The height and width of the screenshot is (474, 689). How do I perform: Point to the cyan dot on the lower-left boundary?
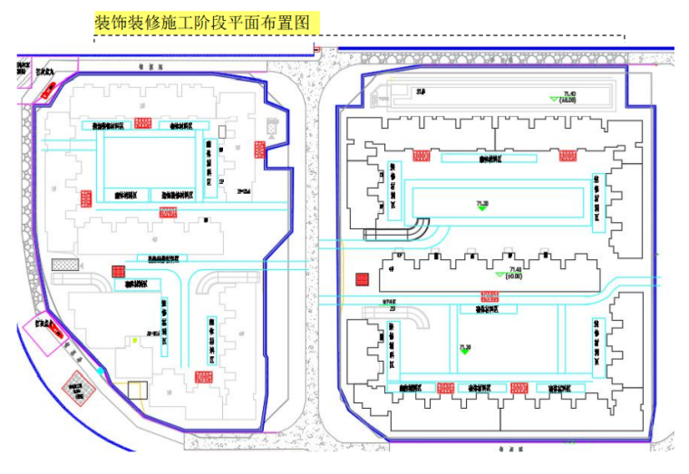coord(100,371)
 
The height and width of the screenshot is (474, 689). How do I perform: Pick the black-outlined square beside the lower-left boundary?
coord(136,392)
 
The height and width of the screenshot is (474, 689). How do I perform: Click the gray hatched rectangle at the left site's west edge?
coord(65,264)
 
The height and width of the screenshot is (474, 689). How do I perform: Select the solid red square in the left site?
coord(117,270)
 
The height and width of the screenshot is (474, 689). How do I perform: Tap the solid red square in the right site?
coord(361,280)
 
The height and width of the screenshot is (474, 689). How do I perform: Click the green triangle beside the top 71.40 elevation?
coord(550,99)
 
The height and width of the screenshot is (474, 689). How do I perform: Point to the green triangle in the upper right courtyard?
coord(482,208)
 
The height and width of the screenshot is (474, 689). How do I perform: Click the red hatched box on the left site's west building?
coord(86,198)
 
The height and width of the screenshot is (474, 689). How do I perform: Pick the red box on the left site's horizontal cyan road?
coord(169,212)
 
